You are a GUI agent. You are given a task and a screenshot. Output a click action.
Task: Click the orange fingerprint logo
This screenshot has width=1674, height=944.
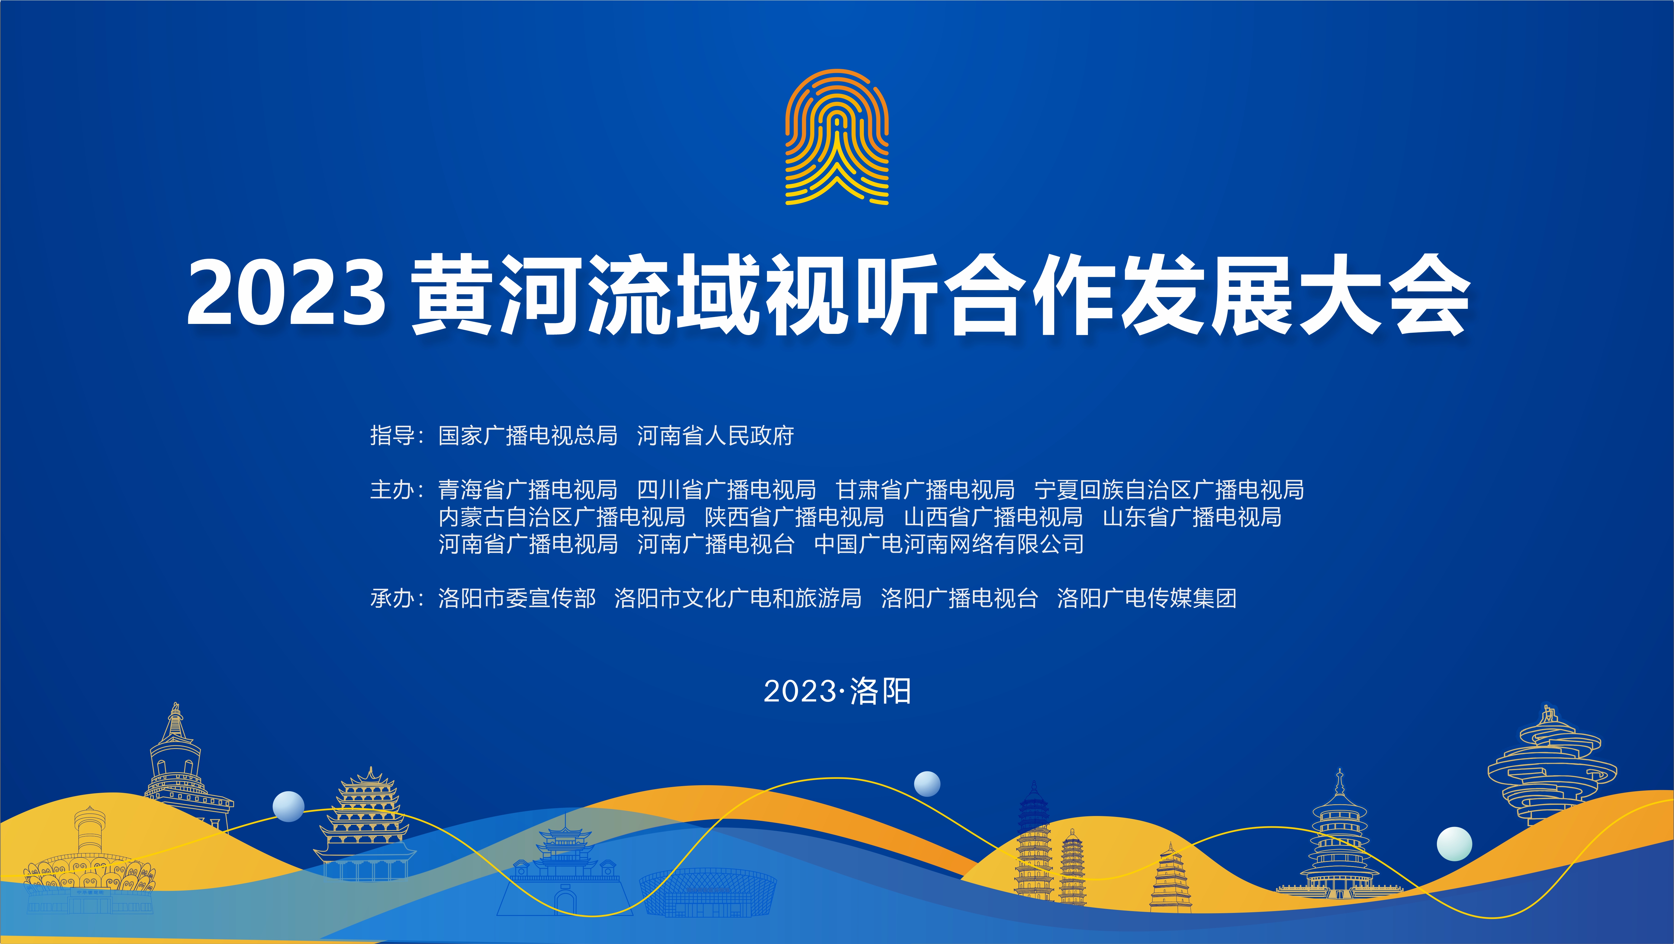point(837,136)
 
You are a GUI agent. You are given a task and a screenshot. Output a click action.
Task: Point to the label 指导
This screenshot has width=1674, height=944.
point(392,435)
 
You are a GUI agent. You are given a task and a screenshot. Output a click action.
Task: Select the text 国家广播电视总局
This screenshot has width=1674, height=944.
point(528,435)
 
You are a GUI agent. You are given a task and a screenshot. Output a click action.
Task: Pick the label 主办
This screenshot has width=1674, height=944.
point(392,489)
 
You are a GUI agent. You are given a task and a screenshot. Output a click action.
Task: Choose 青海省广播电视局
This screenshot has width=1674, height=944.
point(528,489)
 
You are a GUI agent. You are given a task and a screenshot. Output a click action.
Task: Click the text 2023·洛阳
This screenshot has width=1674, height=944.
point(837,691)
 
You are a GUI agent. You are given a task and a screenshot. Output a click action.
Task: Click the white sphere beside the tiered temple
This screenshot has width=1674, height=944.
point(1454,844)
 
